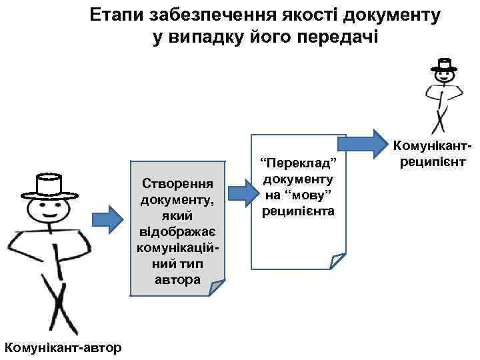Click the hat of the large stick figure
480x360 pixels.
pyautogui.click(x=50, y=185)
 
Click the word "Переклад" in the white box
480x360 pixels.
pyautogui.click(x=299, y=164)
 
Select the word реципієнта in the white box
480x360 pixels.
pyautogui.click(x=299, y=211)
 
